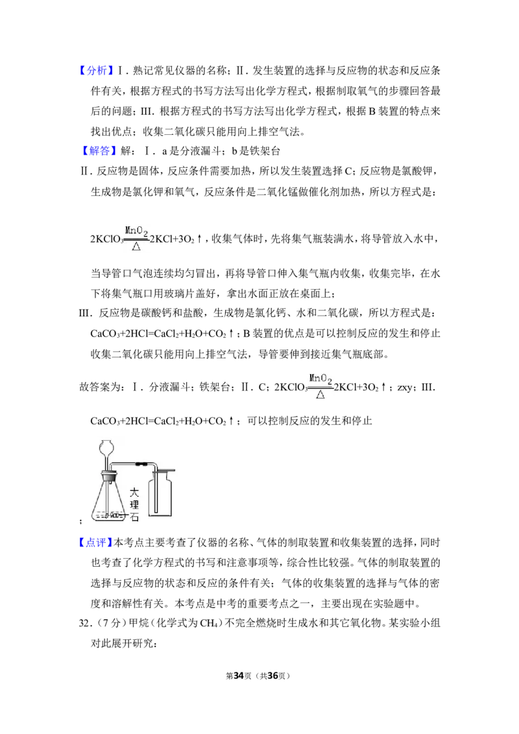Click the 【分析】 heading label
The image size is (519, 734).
point(95,71)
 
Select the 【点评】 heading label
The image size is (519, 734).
point(95,543)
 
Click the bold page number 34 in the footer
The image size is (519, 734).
point(239,676)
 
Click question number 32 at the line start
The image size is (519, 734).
point(84,624)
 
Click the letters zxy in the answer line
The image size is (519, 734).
point(405,388)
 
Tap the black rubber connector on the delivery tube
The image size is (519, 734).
point(139,465)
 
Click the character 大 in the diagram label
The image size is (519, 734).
point(134,492)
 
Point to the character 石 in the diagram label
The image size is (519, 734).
point(134,517)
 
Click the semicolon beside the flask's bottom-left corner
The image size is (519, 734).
point(81,521)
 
